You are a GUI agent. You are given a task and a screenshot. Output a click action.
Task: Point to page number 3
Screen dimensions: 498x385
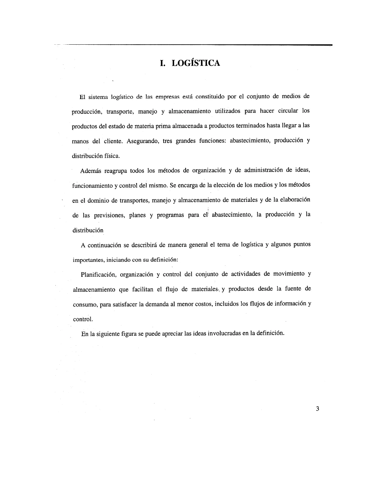coord(317,409)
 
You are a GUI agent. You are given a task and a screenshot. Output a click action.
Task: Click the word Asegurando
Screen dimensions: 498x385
coord(141,141)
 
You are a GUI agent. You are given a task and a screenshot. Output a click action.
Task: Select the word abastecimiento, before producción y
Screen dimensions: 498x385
coord(250,141)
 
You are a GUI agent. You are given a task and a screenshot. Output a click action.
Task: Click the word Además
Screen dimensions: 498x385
coord(90,171)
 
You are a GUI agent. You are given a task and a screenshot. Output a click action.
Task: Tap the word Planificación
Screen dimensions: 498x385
coord(98,274)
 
